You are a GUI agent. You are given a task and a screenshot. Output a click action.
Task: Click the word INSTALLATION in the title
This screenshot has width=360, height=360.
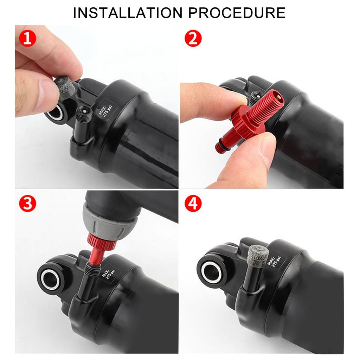[127, 13]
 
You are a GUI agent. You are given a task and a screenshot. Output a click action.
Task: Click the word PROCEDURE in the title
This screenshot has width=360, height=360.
[237, 13]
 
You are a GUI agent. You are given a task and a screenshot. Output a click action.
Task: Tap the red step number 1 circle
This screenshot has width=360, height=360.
[27, 38]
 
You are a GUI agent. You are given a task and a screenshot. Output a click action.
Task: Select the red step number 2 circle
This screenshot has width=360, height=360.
[193, 38]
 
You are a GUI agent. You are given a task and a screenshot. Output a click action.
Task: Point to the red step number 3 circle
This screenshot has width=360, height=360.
[27, 203]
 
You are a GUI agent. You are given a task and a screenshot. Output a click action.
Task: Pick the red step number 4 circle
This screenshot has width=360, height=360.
[193, 203]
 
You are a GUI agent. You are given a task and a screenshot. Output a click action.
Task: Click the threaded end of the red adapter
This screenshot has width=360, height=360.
[269, 101]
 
